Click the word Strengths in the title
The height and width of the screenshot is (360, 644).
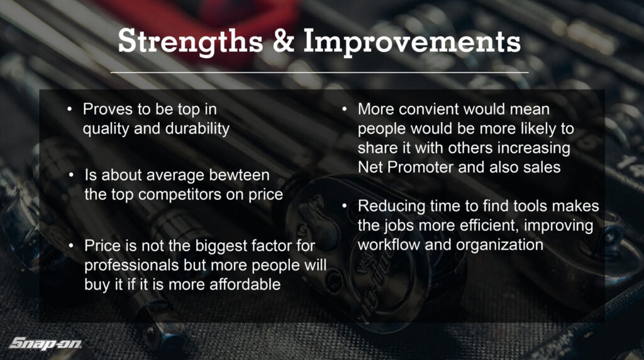coord(190,42)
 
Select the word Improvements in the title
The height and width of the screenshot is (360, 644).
coord(412,42)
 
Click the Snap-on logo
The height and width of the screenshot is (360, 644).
coord(45,343)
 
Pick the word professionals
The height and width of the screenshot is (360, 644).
coord(131,266)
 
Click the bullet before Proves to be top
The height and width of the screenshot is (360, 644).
coord(70,110)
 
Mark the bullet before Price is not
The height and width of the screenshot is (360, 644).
coord(72,245)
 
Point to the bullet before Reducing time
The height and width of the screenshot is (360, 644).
coord(345,206)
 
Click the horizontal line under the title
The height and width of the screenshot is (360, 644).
coord(319,72)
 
